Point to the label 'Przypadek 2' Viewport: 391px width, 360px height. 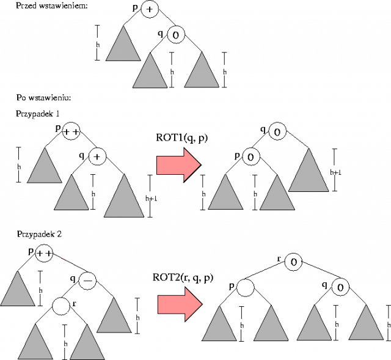39,233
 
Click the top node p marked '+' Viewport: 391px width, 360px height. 150,9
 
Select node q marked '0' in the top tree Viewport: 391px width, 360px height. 175,34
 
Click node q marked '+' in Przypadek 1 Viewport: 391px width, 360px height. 97,157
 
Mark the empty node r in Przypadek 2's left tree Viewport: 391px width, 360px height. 61,305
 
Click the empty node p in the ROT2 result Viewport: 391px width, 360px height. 246,287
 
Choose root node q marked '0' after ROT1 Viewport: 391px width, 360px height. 277,131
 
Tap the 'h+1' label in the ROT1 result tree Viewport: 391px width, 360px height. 335,173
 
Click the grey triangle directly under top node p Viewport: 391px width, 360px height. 122,46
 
